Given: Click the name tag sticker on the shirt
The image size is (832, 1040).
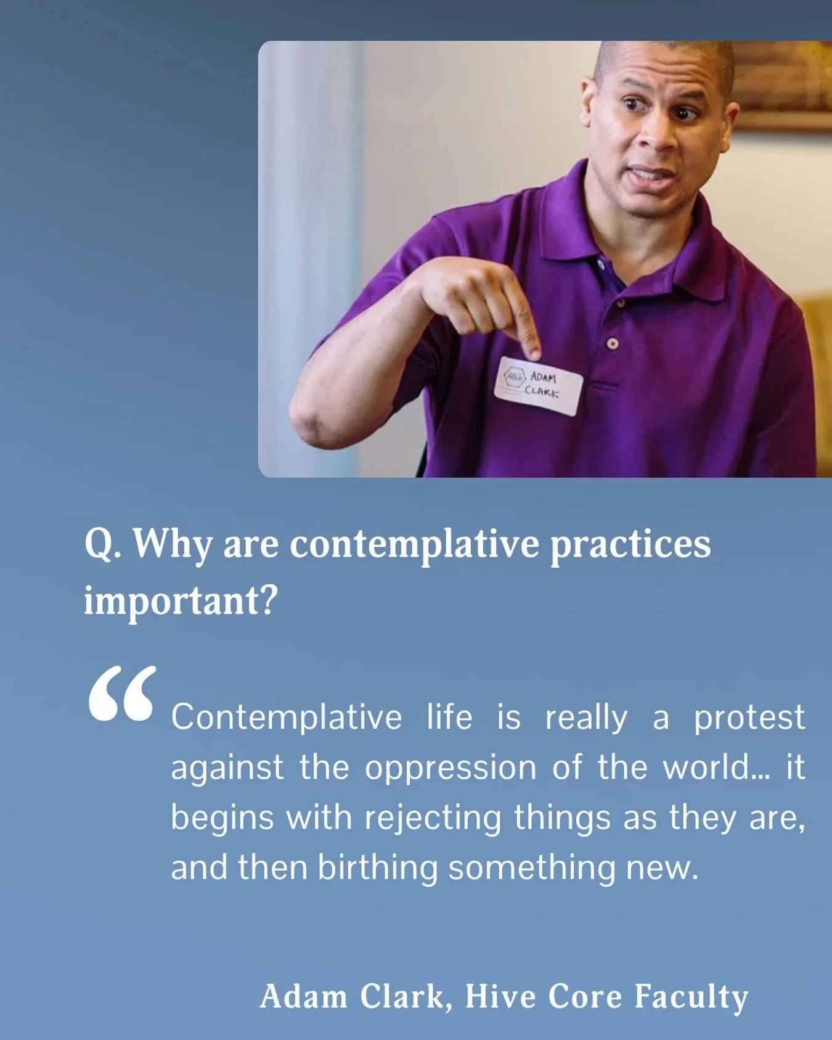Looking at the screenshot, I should pos(538,385).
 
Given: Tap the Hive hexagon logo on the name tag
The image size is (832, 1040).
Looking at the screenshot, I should pos(513,377).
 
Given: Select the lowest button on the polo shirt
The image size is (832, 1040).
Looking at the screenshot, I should pos(612,343).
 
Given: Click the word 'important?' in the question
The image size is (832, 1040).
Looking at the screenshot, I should pos(181,599).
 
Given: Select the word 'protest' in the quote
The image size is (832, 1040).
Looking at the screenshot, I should pos(749,717).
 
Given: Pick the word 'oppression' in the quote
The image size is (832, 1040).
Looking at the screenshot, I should pos(451,768).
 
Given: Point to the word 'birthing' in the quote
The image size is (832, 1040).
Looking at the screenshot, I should pos(377,867).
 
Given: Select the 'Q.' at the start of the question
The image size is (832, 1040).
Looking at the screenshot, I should pos(102,544).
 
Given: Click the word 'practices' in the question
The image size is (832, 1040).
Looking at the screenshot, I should pos(629,544).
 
